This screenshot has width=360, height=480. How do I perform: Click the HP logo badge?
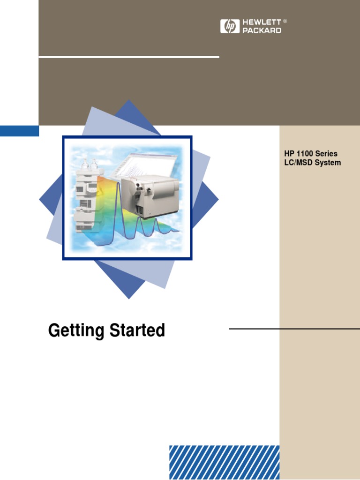(x=230, y=26)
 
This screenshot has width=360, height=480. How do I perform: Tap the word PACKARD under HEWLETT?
(x=262, y=30)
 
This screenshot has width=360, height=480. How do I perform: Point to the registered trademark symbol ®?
(x=285, y=22)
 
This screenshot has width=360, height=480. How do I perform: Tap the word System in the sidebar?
(x=329, y=163)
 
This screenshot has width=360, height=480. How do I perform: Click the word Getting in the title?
(x=76, y=331)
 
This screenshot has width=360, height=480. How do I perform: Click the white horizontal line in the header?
(x=129, y=57)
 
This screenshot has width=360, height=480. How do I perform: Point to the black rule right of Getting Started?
(x=294, y=329)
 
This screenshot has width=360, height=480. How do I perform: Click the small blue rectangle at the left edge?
(x=19, y=131)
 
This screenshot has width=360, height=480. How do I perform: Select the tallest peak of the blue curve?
(x=119, y=185)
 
